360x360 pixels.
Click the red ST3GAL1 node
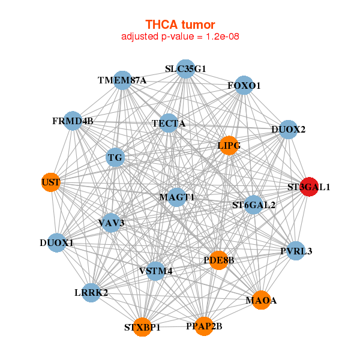tap(309, 187)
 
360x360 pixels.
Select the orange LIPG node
tap(229, 146)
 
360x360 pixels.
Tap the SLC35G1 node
tap(185, 69)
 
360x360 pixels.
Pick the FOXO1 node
tap(244, 86)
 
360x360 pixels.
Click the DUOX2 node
tap(289, 130)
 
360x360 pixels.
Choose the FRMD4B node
tap(73, 121)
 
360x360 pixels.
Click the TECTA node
tap(169, 124)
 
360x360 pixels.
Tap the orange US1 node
tap(51, 182)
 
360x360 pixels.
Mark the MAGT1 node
tap(176, 197)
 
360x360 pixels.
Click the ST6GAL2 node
tap(254, 205)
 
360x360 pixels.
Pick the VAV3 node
tap(111, 223)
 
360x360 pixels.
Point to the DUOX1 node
tap(56, 243)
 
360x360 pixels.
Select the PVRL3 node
tap(296, 251)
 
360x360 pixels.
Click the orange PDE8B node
tap(218, 260)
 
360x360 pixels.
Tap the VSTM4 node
tap(155, 271)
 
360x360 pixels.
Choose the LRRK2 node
tap(91, 293)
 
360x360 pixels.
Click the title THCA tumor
tap(180, 25)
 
